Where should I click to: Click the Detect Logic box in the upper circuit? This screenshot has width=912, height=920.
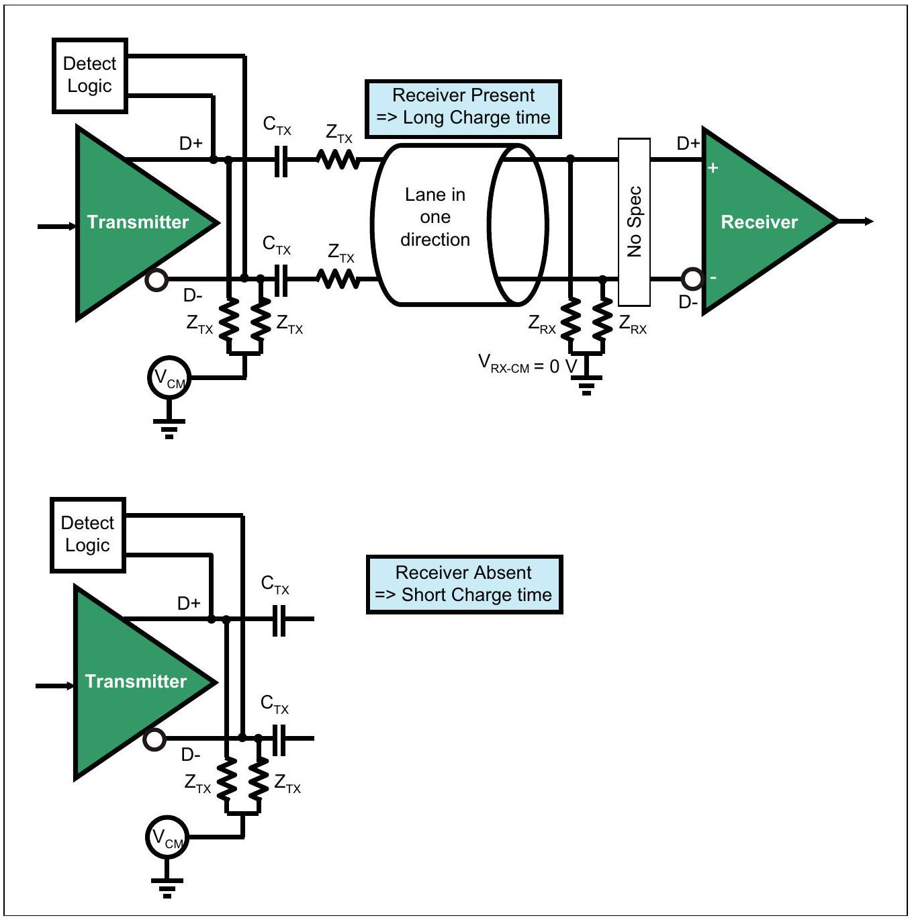pyautogui.click(x=90, y=76)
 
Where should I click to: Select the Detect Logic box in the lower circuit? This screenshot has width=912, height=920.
pyautogui.click(x=88, y=535)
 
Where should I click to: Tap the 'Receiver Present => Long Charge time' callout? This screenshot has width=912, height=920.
pyautogui.click(x=463, y=109)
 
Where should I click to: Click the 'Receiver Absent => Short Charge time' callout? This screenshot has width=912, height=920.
pyautogui.click(x=464, y=584)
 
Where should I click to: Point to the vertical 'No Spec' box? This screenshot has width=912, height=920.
pyautogui.click(x=634, y=222)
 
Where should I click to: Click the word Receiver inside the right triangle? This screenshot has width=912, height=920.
pyautogui.click(x=759, y=222)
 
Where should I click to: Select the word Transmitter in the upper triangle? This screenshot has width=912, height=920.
pyautogui.click(x=138, y=222)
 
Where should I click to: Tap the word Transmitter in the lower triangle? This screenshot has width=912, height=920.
pyautogui.click(x=136, y=681)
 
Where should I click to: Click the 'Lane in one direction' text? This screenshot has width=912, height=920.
pyautogui.click(x=435, y=217)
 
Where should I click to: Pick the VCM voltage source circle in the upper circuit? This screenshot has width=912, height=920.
pyautogui.click(x=169, y=378)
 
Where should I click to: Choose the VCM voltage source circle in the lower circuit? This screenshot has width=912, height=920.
pyautogui.click(x=167, y=837)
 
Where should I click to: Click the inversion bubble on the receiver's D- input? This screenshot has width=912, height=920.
pyautogui.click(x=692, y=279)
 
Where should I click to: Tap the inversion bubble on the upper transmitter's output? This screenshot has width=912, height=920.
pyautogui.click(x=156, y=280)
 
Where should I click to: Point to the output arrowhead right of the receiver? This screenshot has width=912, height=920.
pyautogui.click(x=868, y=222)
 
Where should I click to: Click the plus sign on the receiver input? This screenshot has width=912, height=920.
pyautogui.click(x=713, y=168)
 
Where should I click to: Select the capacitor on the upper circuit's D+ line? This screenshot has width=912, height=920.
pyautogui.click(x=281, y=160)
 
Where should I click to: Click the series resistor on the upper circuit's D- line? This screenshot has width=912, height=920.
pyautogui.click(x=338, y=279)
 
